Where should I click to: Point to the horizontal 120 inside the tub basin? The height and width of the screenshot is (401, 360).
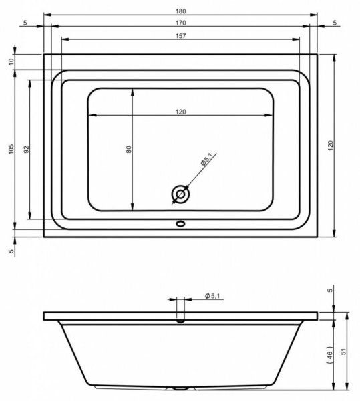pyautogui.click(x=180, y=112)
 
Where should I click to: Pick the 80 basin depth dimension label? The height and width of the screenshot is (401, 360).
pyautogui.click(x=129, y=150)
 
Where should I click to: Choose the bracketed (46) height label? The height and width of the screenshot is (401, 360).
pyautogui.click(x=330, y=354)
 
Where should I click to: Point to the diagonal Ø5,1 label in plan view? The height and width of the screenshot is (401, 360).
pyautogui.click(x=206, y=160)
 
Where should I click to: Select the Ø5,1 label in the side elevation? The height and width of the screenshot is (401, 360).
pyautogui.click(x=213, y=295)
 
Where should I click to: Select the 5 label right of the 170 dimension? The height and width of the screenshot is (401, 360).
pyautogui.click(x=334, y=23)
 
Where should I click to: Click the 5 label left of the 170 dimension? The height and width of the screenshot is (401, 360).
pyautogui.click(x=25, y=23)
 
